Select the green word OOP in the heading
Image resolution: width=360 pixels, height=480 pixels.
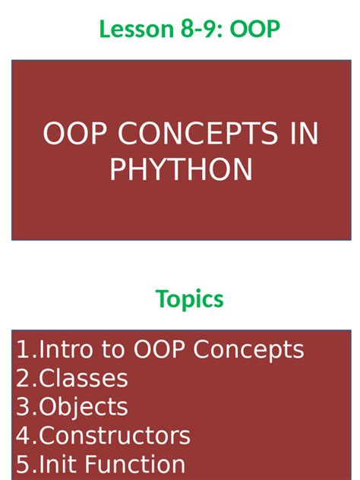[256, 29]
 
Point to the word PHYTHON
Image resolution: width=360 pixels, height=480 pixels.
[181, 169]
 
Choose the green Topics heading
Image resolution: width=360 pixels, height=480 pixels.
[190, 298]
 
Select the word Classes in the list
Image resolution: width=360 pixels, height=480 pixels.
[84, 378]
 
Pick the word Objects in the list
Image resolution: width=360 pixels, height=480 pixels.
[84, 407]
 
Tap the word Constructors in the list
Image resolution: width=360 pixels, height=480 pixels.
[115, 436]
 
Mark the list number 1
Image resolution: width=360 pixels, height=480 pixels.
[24, 349]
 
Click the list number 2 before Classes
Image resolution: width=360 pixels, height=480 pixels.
[24, 378]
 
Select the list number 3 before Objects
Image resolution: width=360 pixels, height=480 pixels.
[24, 407]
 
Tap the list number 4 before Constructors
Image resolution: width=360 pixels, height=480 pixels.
[24, 436]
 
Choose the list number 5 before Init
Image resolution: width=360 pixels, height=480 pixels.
[24, 464]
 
